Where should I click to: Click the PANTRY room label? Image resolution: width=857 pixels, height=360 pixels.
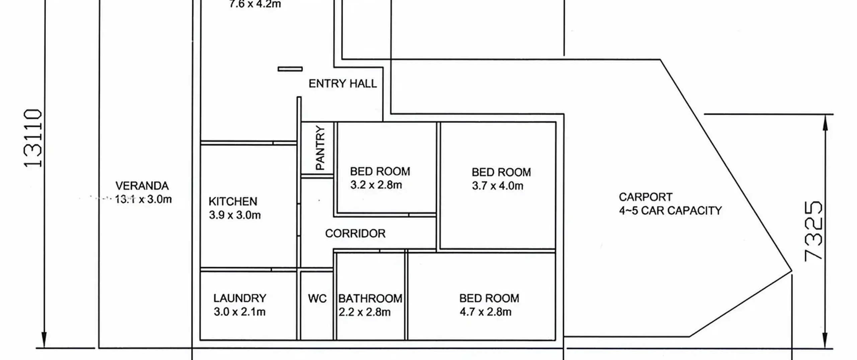[x=320, y=148]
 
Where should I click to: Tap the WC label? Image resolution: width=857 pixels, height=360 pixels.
[x=317, y=298]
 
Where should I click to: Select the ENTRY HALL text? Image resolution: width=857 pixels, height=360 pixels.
[x=342, y=83]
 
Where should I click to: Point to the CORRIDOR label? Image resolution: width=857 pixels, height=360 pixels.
[x=355, y=233]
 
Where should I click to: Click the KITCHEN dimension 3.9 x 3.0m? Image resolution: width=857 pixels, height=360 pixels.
[x=235, y=215]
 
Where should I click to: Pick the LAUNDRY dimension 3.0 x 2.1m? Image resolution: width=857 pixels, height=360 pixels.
[x=240, y=312]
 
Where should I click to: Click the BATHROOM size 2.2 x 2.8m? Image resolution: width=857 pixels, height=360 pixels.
[x=365, y=312]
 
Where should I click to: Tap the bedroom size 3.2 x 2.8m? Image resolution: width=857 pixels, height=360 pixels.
[x=376, y=185]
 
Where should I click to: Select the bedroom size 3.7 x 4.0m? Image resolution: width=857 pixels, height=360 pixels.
[x=497, y=186]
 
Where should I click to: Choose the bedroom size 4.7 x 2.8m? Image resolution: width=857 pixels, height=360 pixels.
[x=485, y=312]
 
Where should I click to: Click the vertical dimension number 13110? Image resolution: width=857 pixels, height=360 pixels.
[x=33, y=138]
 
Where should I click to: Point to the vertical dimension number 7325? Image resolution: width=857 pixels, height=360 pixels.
[x=813, y=231]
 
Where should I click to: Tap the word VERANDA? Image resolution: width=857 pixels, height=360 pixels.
[x=142, y=186]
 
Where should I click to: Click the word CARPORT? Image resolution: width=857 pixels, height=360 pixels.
[x=645, y=197]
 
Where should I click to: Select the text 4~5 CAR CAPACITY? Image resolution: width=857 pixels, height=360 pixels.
[x=671, y=211]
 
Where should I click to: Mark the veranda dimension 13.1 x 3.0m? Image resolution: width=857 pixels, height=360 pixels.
[x=143, y=199]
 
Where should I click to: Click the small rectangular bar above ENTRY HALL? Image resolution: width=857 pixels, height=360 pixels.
[x=290, y=69]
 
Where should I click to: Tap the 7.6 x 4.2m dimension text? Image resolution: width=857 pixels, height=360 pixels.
[x=255, y=4]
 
